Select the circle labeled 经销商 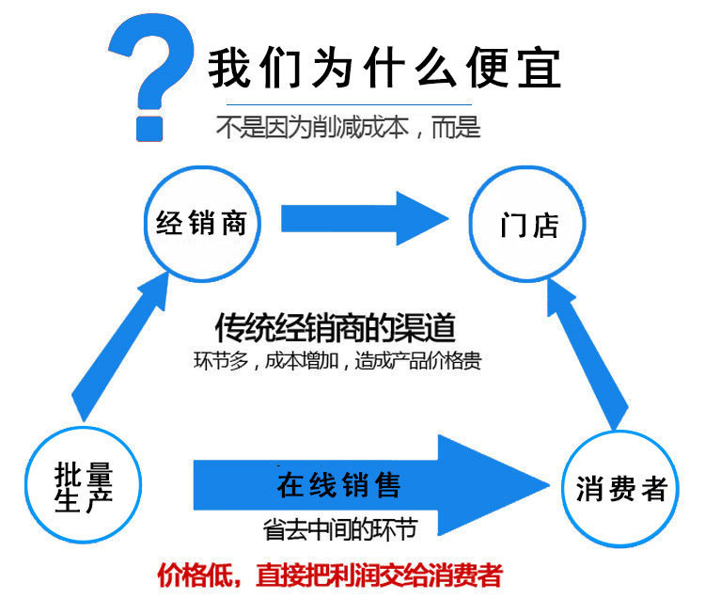coord(200,223)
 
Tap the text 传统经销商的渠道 coord(336,328)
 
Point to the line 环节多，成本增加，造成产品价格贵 coord(336,360)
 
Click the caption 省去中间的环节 coord(339,528)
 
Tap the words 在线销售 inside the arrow coord(338,485)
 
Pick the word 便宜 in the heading coord(518,68)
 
